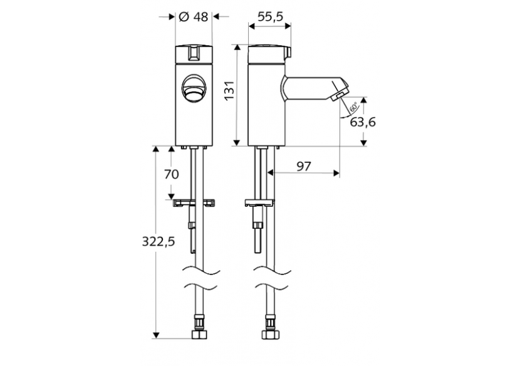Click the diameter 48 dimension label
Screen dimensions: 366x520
[x=193, y=17]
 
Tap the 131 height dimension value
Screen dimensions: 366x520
[x=229, y=93]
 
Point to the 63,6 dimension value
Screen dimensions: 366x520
[x=363, y=122]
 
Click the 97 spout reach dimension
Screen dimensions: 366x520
[x=304, y=165]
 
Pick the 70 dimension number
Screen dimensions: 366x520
[x=172, y=174]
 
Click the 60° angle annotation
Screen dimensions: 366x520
[x=353, y=107]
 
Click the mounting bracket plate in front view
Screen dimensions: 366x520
[x=193, y=202]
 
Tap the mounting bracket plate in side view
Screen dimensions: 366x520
[x=259, y=202]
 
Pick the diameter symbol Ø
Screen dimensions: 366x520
[x=184, y=17]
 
